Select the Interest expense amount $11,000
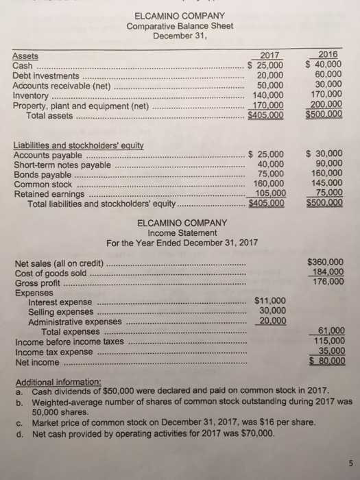[269, 300]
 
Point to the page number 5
[348, 460]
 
